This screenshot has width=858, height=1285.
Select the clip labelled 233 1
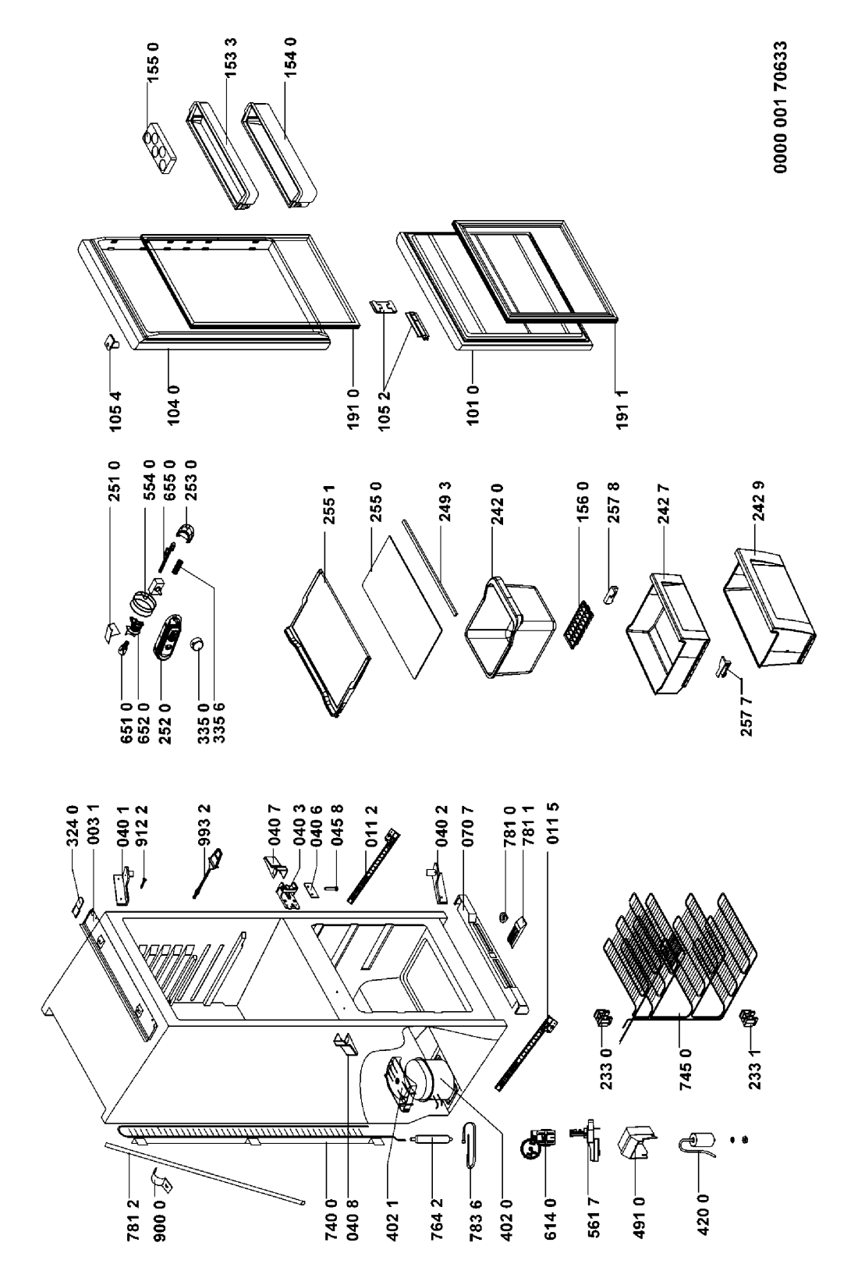click(752, 1016)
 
